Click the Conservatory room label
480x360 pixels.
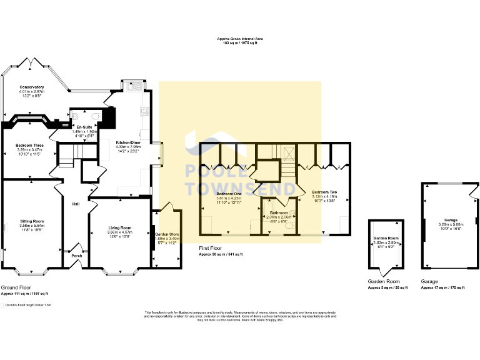point(31,87)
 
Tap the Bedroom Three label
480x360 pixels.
point(28,145)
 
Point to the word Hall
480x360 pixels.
point(75,204)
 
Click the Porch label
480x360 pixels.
point(76,255)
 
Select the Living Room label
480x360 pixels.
point(119,227)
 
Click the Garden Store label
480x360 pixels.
point(167,233)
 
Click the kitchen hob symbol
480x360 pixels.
point(146,111)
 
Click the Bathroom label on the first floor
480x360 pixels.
point(278,212)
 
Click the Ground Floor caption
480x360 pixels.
point(14,288)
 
